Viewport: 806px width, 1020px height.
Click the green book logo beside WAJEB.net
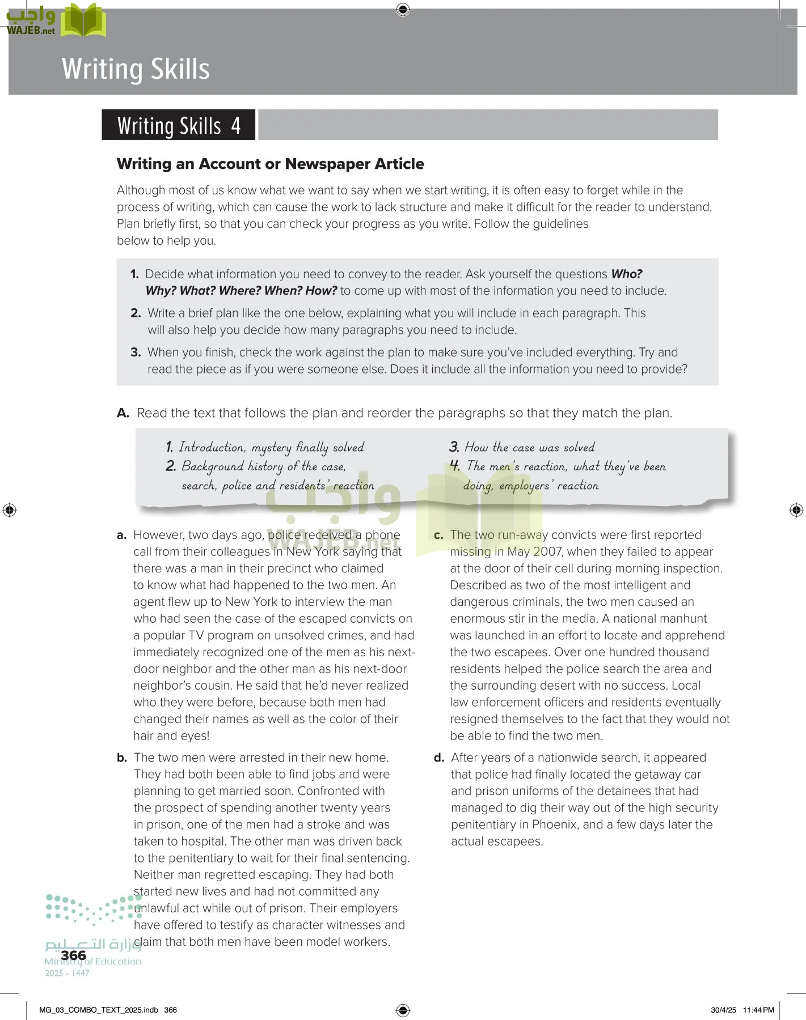tap(83, 20)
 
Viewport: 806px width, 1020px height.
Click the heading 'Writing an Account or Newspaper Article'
tap(270, 164)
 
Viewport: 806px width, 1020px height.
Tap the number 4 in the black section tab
tap(236, 125)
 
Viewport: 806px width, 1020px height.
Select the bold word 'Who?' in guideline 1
tap(626, 274)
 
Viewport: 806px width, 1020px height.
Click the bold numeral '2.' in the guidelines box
tap(136, 313)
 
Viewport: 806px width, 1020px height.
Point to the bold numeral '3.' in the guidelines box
tap(136, 352)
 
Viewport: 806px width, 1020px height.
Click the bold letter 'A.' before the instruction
tap(123, 413)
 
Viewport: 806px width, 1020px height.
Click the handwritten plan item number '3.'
tap(454, 447)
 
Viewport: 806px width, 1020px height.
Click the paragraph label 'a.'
tap(121, 535)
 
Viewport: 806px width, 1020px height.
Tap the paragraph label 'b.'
tap(122, 758)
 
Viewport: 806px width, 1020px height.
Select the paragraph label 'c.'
tap(438, 535)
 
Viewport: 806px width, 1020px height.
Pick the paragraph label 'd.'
tap(439, 758)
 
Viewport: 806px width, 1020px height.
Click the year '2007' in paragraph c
tap(547, 552)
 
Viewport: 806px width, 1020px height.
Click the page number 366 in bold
tap(73, 955)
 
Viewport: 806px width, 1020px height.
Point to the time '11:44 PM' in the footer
tap(758, 1010)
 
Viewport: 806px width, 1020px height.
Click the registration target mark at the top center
tap(403, 9)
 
